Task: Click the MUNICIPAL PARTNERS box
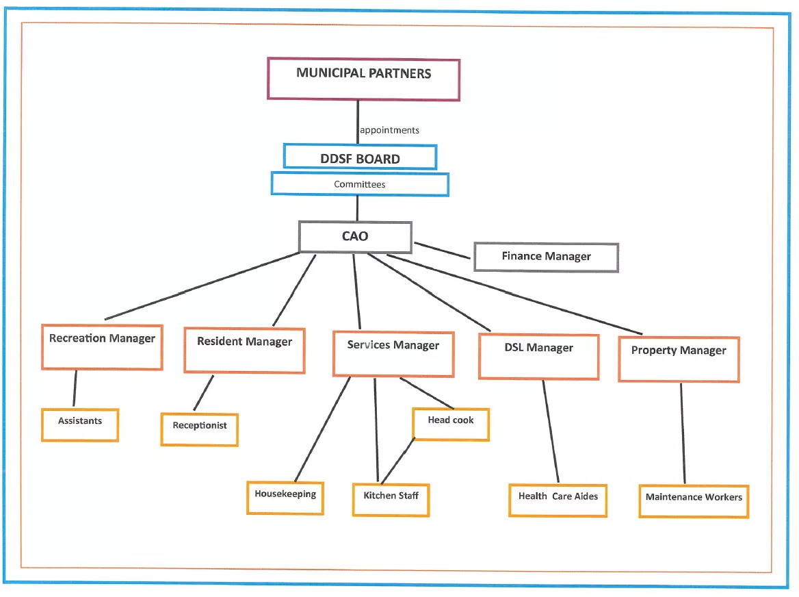[363, 79]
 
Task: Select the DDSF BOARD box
[360, 157]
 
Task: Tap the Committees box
[360, 184]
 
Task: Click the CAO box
[355, 237]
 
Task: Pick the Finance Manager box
[547, 257]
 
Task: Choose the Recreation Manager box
[102, 347]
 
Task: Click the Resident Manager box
[245, 351]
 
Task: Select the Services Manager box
[393, 355]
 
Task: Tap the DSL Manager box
[538, 357]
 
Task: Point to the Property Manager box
[679, 359]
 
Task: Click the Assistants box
[80, 424]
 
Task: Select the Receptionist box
[199, 429]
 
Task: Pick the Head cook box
[451, 424]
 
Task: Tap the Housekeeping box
[285, 498]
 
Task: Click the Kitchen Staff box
[391, 500]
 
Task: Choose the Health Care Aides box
[558, 500]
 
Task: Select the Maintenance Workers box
[694, 502]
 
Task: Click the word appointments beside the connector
[389, 130]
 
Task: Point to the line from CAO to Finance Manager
[443, 251]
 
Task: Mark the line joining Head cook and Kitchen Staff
[397, 461]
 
